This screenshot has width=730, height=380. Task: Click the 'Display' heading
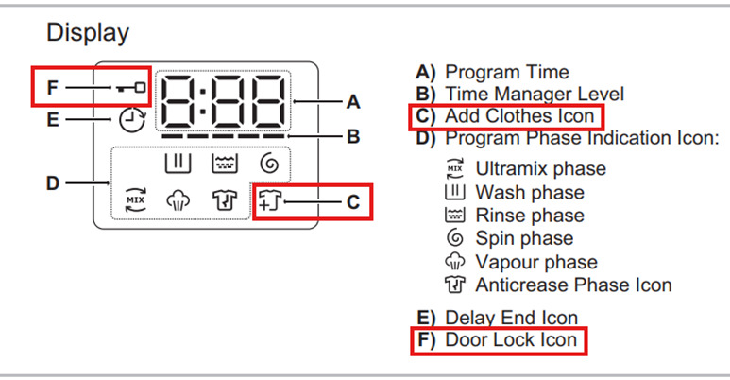(x=88, y=33)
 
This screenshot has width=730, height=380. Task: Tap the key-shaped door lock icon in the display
(x=131, y=87)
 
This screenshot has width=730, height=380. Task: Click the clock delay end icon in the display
(x=132, y=120)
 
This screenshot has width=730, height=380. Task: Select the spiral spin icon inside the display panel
(x=269, y=164)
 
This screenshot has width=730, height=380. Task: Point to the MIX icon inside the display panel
(x=135, y=200)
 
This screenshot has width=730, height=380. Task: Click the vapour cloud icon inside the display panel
(x=178, y=200)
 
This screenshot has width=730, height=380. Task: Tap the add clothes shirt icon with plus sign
(x=270, y=200)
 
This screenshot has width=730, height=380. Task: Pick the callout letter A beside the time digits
(x=353, y=102)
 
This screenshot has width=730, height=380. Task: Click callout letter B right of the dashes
(x=353, y=137)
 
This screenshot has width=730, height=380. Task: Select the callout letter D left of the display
(x=53, y=183)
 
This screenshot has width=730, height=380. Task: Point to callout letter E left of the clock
(x=53, y=120)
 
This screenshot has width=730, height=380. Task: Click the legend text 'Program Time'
(x=507, y=72)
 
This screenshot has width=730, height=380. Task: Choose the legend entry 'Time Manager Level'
(x=535, y=95)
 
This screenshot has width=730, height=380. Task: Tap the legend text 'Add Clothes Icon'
(x=519, y=116)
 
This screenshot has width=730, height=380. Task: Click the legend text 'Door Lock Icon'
(x=511, y=340)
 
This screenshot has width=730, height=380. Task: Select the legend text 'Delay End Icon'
(x=511, y=318)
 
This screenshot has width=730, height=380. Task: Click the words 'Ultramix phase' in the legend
(x=540, y=169)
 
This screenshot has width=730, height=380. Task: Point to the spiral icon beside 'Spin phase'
(x=455, y=238)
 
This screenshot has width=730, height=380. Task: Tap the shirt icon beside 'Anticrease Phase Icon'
(x=455, y=285)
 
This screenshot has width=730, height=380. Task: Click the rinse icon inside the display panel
(x=225, y=164)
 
